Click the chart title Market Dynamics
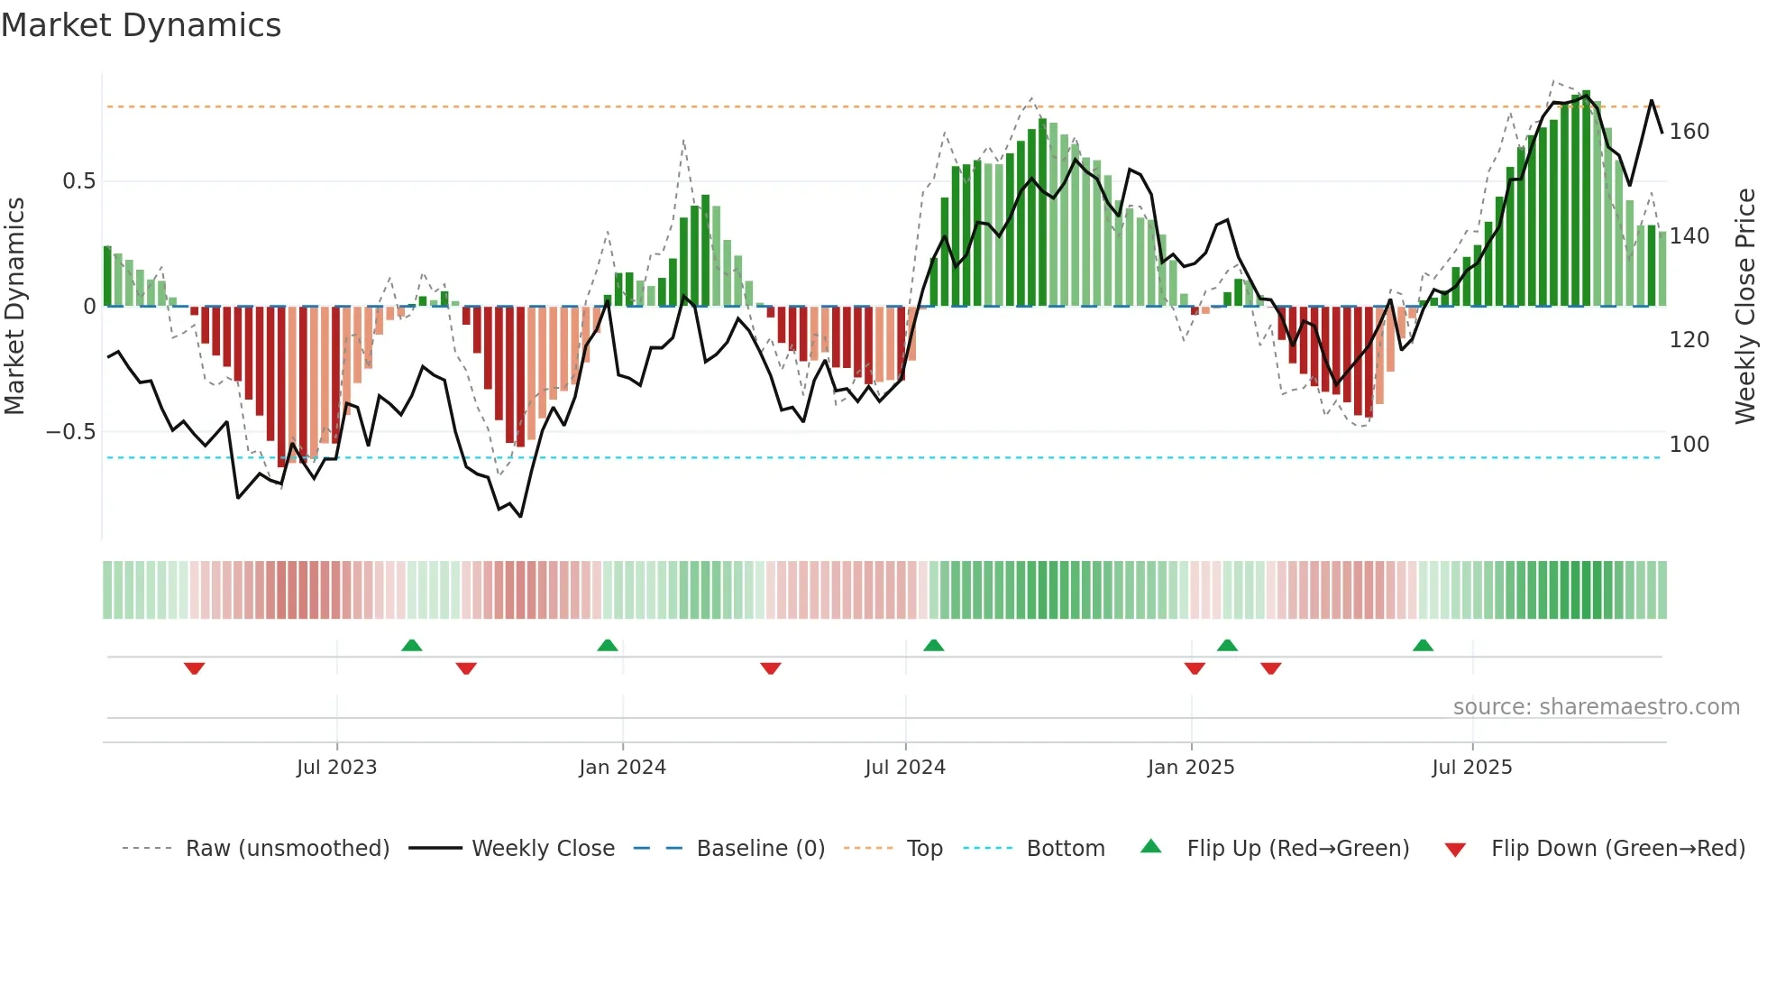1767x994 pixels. point(141,25)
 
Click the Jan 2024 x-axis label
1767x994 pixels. point(622,768)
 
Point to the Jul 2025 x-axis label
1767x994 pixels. point(1471,768)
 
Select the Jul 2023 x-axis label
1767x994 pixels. point(336,768)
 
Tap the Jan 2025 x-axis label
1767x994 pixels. point(1190,768)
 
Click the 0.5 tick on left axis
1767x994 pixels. point(78,181)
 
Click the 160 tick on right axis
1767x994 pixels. point(1689,132)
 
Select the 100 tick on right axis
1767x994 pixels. point(1689,445)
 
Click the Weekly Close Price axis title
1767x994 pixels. point(1745,307)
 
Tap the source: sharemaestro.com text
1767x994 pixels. point(1596,707)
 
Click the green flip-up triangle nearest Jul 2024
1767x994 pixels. point(933,646)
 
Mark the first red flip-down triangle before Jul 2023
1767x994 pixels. point(194,668)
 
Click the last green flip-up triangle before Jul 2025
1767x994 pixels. point(1423,646)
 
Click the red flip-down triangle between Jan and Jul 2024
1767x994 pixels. point(770,668)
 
